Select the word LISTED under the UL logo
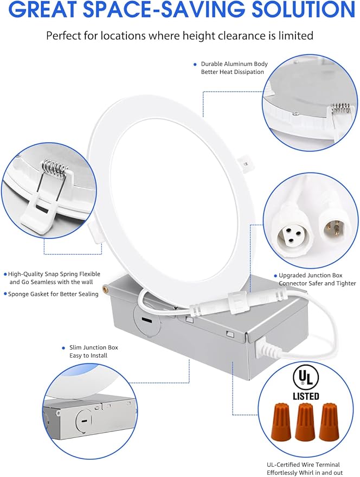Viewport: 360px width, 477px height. click(x=306, y=396)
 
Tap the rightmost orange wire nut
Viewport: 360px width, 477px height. click(x=329, y=422)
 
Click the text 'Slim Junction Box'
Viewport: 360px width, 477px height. click(x=93, y=347)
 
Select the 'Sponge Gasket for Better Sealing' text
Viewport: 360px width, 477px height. click(x=53, y=294)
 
